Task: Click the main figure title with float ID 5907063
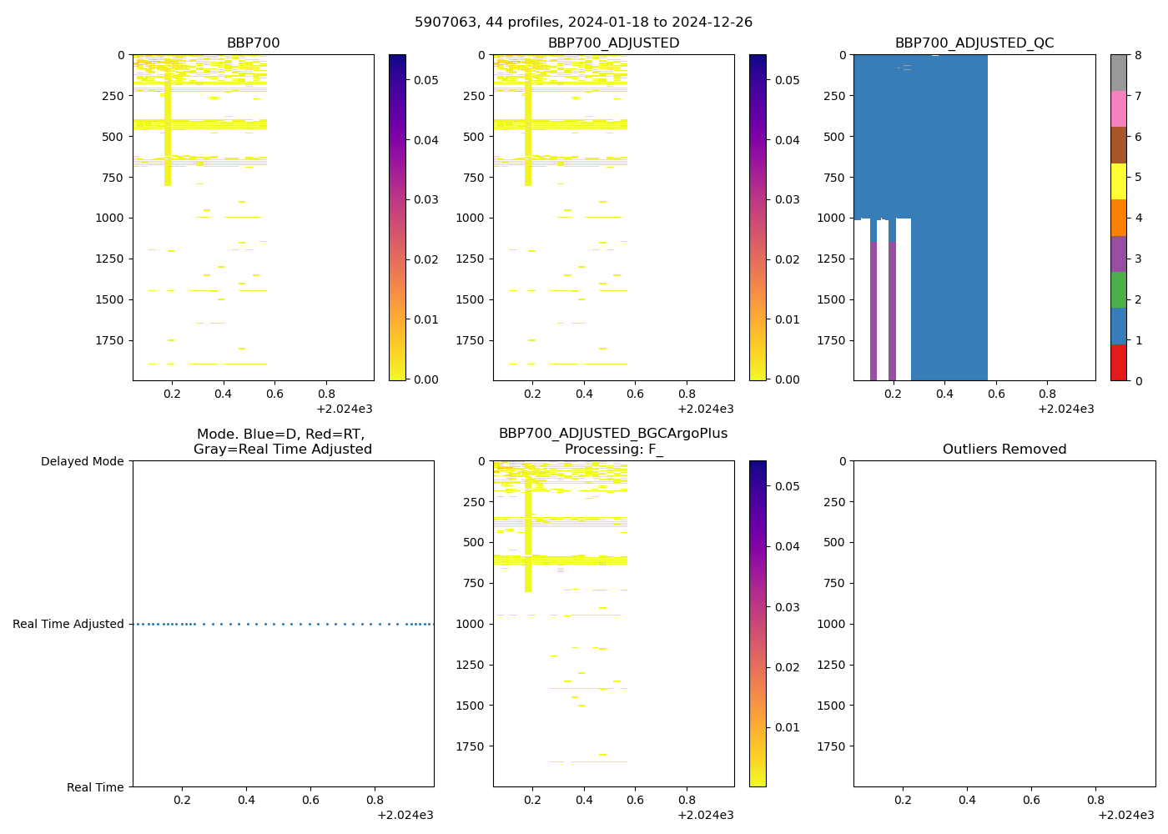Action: [x=583, y=23]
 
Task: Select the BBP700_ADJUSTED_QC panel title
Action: [x=974, y=43]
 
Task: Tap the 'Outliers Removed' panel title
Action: [x=1004, y=450]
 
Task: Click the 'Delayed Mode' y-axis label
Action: [x=82, y=461]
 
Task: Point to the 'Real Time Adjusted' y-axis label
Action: [x=68, y=624]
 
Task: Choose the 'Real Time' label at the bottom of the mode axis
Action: [x=95, y=787]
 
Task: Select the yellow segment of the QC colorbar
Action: [x=1118, y=181]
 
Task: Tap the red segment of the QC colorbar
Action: [x=1118, y=362]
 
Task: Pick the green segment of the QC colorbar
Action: [x=1118, y=289]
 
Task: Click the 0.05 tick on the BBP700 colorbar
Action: [x=426, y=80]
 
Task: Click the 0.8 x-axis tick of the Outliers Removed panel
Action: [x=1096, y=800]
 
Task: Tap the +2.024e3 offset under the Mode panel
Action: [x=405, y=815]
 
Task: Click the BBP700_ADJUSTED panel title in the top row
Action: [x=613, y=43]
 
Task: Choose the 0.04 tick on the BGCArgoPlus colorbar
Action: [x=788, y=546]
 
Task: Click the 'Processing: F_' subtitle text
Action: [x=613, y=450]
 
